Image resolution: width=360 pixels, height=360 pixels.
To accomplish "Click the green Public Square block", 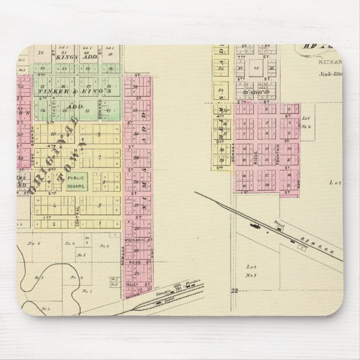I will coord(77,182).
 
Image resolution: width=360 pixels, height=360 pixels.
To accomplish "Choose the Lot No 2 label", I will coord(305,122).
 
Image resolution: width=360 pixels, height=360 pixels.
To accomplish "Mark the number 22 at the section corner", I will coord(234,290).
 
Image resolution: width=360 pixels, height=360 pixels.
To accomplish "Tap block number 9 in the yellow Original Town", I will coord(98,134).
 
